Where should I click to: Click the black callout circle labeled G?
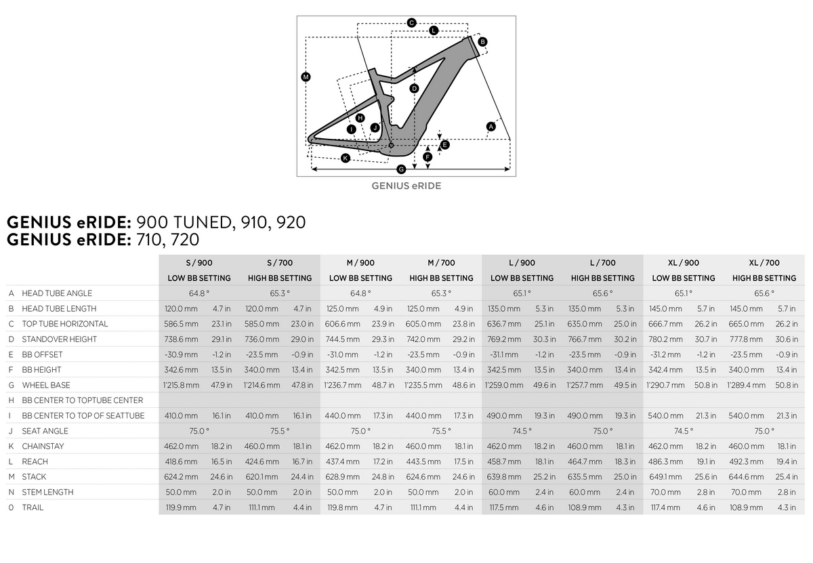tap(400, 169)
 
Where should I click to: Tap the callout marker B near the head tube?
tap(482, 42)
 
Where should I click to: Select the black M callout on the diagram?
tap(306, 77)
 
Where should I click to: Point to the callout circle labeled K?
tap(345, 159)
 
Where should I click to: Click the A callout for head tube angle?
tap(491, 127)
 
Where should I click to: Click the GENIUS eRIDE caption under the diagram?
tap(406, 186)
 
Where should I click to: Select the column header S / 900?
tap(199, 263)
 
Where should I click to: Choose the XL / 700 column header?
tap(764, 263)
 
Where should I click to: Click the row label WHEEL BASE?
tap(46, 385)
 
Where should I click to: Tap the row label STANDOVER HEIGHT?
tap(60, 339)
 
